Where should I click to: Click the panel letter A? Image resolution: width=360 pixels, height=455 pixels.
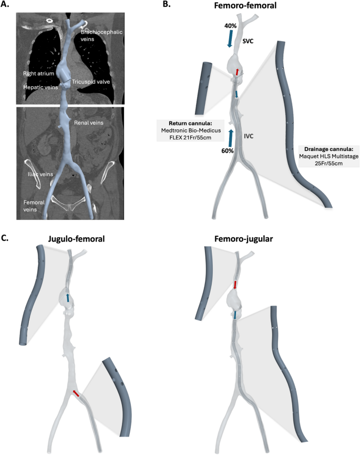7,7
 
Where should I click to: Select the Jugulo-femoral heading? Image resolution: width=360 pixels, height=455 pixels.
75,239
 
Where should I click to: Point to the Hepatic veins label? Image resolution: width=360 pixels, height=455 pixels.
40,87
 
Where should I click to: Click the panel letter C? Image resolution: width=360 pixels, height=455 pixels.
6,238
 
